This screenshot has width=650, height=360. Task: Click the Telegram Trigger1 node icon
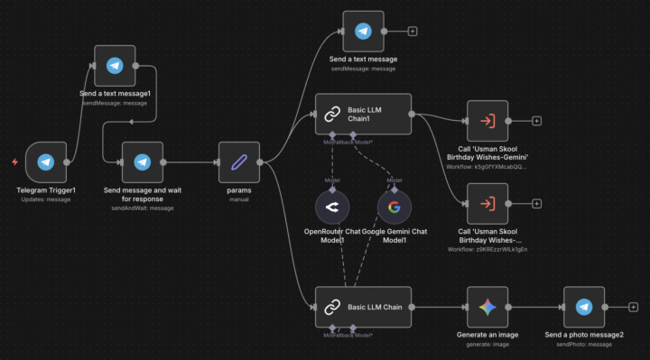[46, 162]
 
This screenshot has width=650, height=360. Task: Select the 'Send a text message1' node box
[115, 66]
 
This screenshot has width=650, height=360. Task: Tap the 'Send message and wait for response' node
[142, 162]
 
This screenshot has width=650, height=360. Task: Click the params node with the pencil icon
[238, 162]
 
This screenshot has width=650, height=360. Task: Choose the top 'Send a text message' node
[363, 32]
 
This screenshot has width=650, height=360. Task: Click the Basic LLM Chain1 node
[363, 115]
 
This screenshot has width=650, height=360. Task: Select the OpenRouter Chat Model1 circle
[332, 208]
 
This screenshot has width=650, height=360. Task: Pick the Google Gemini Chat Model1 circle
[394, 208]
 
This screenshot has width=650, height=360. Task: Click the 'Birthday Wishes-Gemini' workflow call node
[487, 120]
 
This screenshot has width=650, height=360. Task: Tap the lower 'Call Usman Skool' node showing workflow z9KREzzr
[487, 203]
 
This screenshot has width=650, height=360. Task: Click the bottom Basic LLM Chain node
[363, 307]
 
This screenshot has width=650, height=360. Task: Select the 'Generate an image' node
[487, 307]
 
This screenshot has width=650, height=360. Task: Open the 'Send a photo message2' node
[584, 307]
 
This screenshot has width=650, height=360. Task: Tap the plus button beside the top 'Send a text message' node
[413, 32]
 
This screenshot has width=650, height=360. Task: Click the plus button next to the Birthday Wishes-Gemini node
[536, 120]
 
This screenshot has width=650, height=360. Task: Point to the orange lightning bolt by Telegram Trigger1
[14, 162]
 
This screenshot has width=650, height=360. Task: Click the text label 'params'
[238, 191]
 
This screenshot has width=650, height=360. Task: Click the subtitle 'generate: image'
[487, 344]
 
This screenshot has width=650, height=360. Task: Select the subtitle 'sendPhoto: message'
[584, 344]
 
